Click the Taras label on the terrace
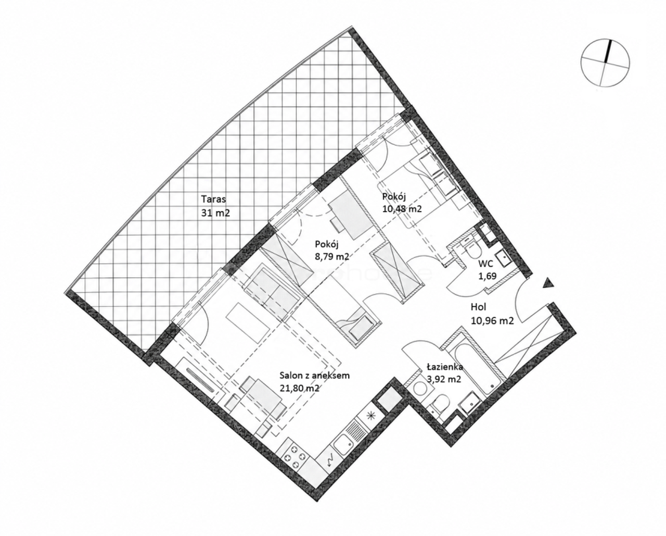(213, 198)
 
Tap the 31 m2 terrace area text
(216, 213)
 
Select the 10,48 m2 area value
(402, 209)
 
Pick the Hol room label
(479, 307)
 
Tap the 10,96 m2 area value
(492, 321)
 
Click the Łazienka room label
(445, 367)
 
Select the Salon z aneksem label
(315, 376)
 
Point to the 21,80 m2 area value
(300, 389)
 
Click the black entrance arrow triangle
(548, 283)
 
